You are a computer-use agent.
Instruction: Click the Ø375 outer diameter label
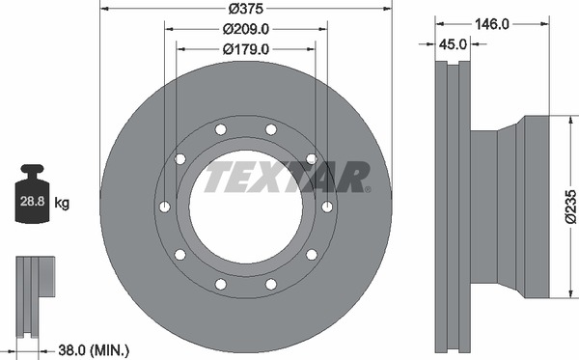[245, 8]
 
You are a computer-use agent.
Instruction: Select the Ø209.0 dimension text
[245, 29]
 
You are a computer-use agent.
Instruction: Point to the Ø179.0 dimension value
[245, 49]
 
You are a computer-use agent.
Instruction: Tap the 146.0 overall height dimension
[492, 24]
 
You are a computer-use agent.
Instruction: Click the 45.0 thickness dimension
[454, 44]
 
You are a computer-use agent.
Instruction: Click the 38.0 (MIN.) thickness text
[94, 349]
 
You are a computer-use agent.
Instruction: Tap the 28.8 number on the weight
[32, 201]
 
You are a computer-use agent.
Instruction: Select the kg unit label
[62, 203]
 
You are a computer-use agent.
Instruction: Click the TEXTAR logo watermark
[287, 177]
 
